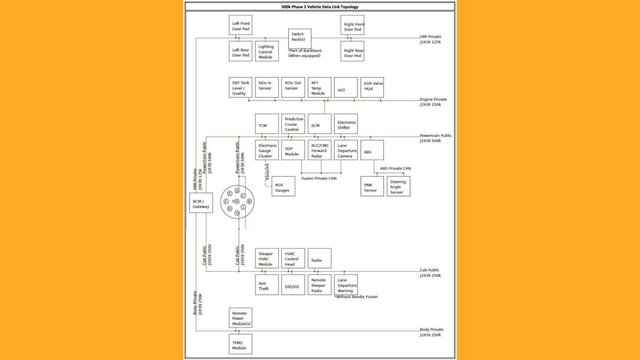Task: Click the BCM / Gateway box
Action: click(x=201, y=203)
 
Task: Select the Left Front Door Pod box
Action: click(x=240, y=25)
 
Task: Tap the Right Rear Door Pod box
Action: click(x=352, y=51)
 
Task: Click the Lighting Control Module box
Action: click(x=267, y=51)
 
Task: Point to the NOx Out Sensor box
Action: click(x=293, y=87)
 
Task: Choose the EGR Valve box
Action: click(x=372, y=87)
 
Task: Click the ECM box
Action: click(x=320, y=124)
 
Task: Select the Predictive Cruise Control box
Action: click(x=293, y=124)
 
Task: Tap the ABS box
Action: click(x=372, y=150)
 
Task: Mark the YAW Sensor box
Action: click(x=372, y=186)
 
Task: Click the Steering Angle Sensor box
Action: click(x=398, y=186)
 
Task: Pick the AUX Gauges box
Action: click(x=283, y=186)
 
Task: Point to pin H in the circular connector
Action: click(x=237, y=213)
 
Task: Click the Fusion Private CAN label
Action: click(x=319, y=178)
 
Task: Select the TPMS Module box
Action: click(x=240, y=344)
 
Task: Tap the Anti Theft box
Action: click(x=267, y=285)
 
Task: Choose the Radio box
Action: click(x=320, y=259)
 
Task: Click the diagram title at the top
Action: click(x=320, y=7)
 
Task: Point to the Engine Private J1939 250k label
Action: click(x=433, y=102)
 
